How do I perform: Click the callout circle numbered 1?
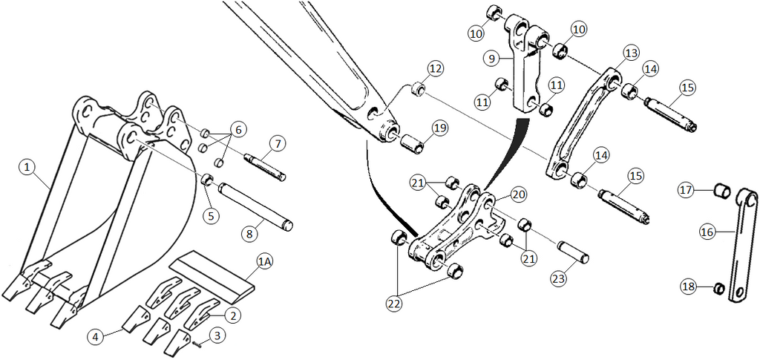coord(27,168)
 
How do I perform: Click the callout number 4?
coord(94,336)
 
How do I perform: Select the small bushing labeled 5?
coord(209,179)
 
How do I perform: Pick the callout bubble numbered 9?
coord(490,57)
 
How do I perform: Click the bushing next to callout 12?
coord(418,91)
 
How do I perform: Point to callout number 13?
coord(631,53)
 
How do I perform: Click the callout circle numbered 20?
coord(518,194)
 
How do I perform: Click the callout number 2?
coord(233,315)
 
